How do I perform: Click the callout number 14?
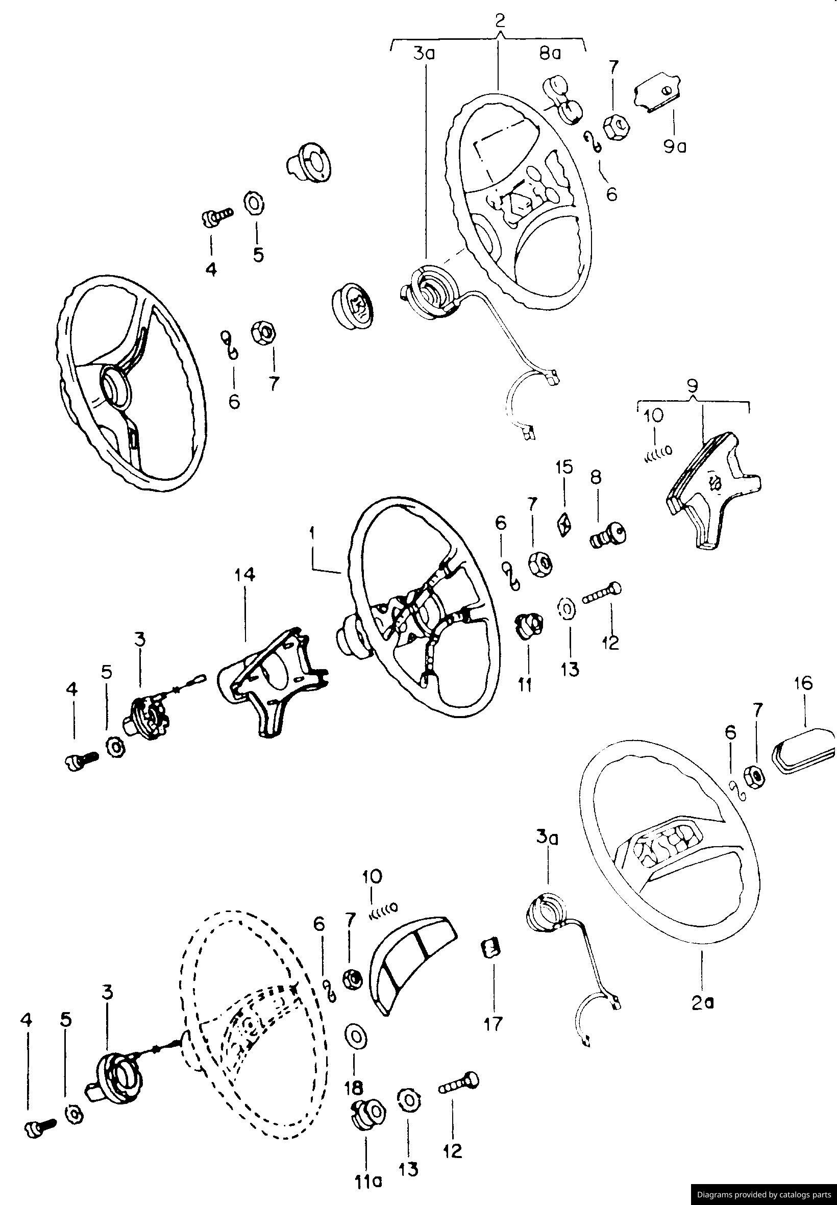click(245, 575)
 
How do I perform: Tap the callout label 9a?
click(675, 147)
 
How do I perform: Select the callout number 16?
click(803, 683)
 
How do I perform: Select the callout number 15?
click(564, 467)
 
